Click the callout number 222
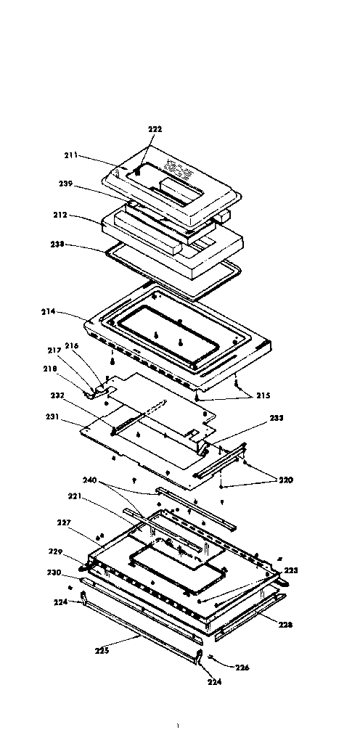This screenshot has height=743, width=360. pyautogui.click(x=155, y=128)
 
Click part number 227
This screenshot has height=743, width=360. pyautogui.click(x=64, y=522)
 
